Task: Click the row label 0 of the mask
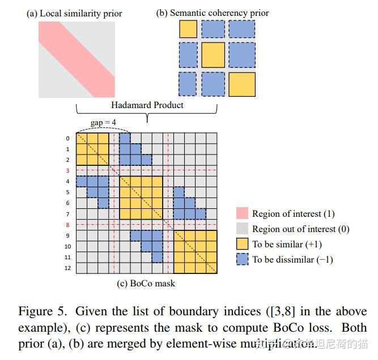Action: click(67, 139)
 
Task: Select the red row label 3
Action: click(67, 170)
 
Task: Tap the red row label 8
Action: click(67, 225)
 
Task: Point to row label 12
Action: click(67, 268)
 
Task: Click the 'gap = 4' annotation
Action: click(104, 122)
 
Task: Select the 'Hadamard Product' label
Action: click(147, 105)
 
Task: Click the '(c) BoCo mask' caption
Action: click(146, 284)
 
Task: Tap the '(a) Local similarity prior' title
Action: click(74, 13)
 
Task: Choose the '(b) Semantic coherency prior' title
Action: click(213, 12)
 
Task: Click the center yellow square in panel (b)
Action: click(213, 55)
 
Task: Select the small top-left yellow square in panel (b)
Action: click(188, 29)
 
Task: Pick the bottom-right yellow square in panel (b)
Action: click(242, 84)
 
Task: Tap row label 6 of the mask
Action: click(67, 203)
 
